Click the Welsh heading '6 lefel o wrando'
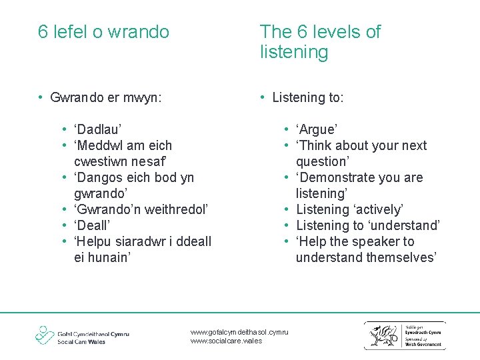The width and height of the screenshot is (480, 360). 103,32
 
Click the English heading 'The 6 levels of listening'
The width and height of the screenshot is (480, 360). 320,41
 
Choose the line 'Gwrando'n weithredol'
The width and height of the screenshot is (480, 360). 141,209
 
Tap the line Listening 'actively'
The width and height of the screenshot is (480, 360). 350,209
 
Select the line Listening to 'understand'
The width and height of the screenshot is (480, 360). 368,225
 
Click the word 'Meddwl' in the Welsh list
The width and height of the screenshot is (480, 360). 101,145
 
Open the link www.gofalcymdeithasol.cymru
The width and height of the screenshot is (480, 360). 239,332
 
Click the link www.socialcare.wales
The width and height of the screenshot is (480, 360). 227,341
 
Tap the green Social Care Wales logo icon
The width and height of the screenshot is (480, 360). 45,335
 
